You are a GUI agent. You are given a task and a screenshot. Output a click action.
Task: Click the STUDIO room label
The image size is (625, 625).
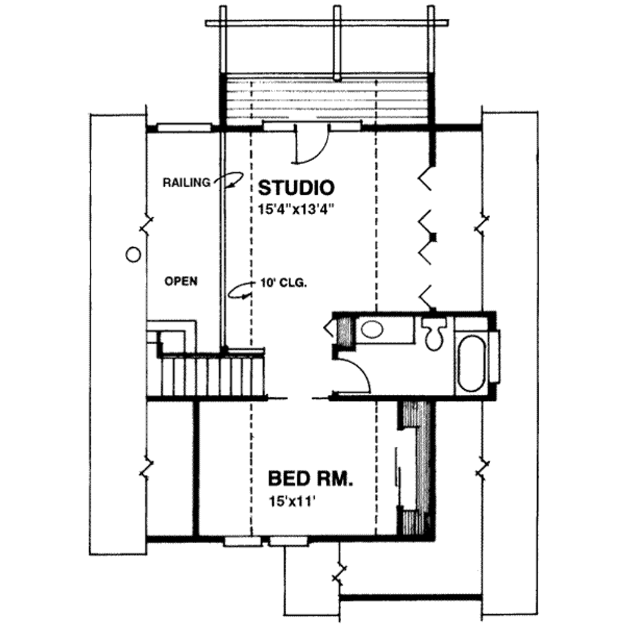[296, 186]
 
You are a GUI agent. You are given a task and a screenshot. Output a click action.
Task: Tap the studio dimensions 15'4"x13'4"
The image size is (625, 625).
[297, 208]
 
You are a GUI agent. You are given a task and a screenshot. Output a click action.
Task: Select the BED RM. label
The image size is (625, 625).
[311, 477]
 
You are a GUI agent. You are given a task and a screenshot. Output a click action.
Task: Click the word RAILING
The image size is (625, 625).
[187, 181]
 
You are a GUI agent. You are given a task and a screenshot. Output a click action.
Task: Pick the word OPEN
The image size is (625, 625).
[181, 281]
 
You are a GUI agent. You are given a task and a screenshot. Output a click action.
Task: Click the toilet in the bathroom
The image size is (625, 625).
[434, 334]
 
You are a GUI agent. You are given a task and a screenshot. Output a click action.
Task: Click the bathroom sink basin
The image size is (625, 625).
[372, 330]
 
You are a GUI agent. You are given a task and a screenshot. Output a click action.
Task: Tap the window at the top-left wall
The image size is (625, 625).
[184, 128]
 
